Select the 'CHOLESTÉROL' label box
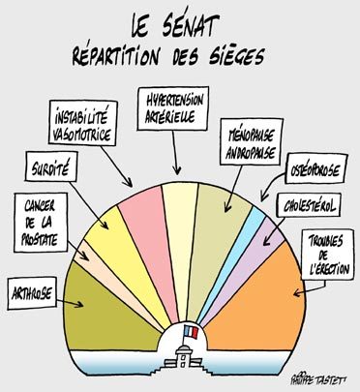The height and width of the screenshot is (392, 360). [310, 206]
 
